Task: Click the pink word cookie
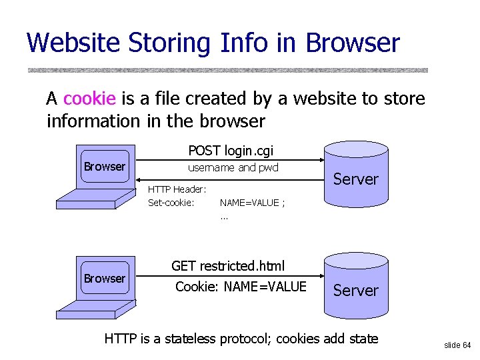click(89, 99)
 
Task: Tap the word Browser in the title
click(353, 43)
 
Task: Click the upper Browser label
click(104, 167)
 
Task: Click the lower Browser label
click(104, 278)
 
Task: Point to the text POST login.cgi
click(231, 151)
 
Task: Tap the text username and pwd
click(233, 167)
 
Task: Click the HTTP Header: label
click(177, 189)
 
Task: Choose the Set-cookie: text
click(171, 203)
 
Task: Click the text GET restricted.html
click(228, 266)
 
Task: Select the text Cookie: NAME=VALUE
click(241, 287)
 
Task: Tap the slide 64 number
click(457, 345)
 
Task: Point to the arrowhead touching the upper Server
click(319, 160)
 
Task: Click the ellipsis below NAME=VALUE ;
click(224, 216)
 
